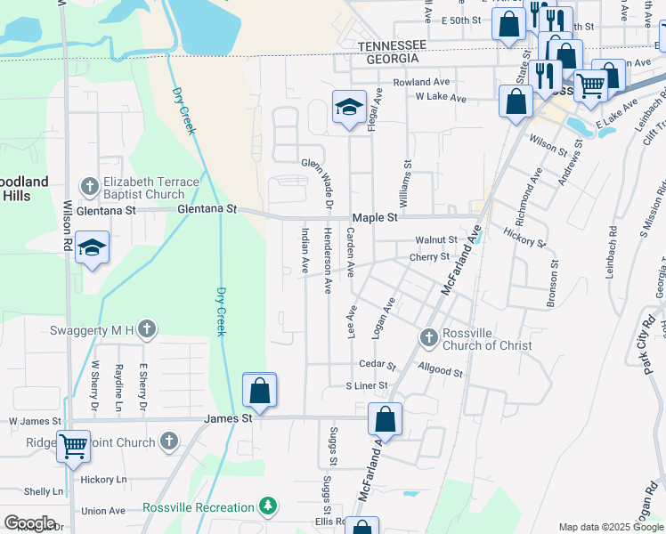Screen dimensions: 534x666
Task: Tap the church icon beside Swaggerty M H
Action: [x=147, y=330]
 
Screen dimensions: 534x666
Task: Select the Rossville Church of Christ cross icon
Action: [x=428, y=337]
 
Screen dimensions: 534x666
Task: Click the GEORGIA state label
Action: [x=387, y=58]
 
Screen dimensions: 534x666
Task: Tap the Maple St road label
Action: [x=374, y=217]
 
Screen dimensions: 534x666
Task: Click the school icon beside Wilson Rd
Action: [x=92, y=248]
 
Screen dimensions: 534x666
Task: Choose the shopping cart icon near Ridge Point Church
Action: [x=73, y=446]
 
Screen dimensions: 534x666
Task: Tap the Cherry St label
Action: [x=428, y=256]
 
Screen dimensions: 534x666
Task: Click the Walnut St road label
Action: [x=436, y=240]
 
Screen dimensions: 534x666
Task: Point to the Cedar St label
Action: [x=377, y=365]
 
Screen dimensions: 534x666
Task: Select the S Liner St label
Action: [x=367, y=386]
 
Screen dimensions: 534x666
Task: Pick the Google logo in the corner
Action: [x=29, y=523]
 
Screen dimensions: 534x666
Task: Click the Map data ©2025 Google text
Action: [x=610, y=528]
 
